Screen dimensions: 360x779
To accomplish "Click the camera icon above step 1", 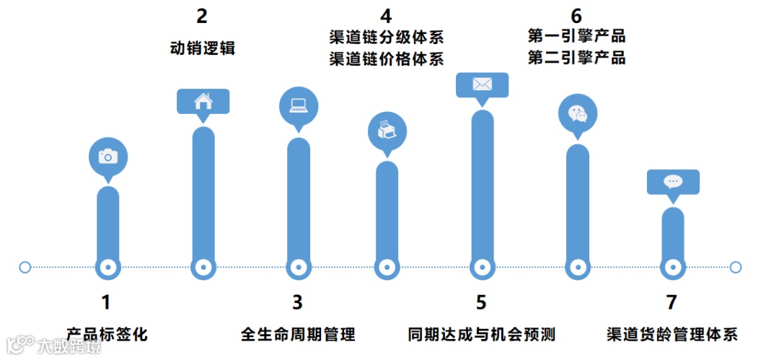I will (x=107, y=156).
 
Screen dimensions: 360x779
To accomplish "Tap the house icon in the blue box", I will (x=203, y=101).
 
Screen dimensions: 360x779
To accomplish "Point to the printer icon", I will (x=387, y=131).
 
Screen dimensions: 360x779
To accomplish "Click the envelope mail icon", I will (x=482, y=84).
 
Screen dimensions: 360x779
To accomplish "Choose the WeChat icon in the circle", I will (x=578, y=114).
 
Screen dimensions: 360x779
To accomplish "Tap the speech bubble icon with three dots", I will (x=673, y=181).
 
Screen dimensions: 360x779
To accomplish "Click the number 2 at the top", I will (x=203, y=16).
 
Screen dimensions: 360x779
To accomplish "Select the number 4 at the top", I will (x=387, y=15).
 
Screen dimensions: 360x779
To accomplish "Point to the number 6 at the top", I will (x=576, y=15).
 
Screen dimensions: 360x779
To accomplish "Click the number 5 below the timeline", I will (x=481, y=302).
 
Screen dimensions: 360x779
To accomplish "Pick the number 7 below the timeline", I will (x=672, y=302).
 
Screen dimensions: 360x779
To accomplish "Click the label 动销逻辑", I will (x=203, y=48).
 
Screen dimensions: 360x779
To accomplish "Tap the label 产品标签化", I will (x=107, y=334).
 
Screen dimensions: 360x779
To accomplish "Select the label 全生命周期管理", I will (x=298, y=334).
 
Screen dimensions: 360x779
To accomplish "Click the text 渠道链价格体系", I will (x=387, y=58).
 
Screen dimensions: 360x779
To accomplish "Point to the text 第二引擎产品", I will (x=576, y=58).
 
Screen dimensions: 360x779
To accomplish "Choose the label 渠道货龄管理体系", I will (x=672, y=334).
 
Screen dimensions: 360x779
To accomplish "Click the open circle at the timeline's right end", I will (x=736, y=267).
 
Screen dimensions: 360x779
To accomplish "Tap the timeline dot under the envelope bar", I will (x=482, y=267).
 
